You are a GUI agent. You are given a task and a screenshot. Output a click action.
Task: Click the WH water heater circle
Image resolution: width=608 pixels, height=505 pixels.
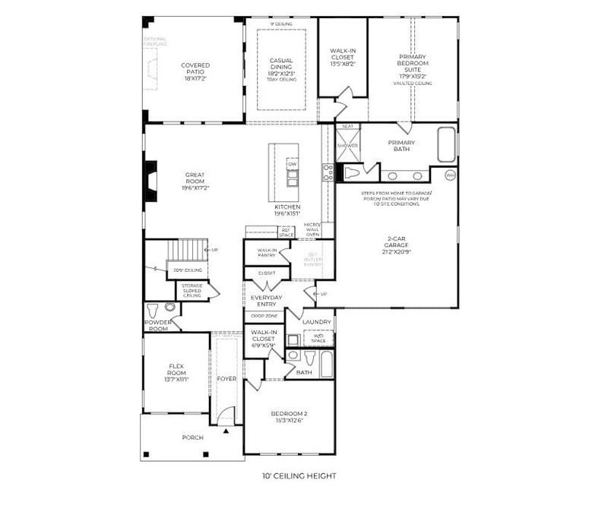pos(450,175)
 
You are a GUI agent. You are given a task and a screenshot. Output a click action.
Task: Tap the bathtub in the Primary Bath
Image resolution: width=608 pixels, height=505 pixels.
pos(446,144)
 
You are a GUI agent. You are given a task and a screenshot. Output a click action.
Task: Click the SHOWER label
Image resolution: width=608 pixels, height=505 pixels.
pos(347,145)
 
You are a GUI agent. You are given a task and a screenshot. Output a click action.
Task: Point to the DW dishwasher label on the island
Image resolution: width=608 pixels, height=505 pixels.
pos(292,164)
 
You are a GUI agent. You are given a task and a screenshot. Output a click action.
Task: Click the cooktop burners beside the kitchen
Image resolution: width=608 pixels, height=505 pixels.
pos(328,172)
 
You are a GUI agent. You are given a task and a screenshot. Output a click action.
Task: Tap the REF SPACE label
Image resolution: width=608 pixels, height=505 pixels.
pos(287,232)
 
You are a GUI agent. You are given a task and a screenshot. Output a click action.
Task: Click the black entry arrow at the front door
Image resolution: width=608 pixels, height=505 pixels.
pos(226,431)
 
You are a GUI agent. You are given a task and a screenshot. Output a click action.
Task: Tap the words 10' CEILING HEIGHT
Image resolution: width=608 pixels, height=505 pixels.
pos(299,476)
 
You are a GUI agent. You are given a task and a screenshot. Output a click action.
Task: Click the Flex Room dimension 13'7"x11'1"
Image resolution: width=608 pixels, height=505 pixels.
pos(176,379)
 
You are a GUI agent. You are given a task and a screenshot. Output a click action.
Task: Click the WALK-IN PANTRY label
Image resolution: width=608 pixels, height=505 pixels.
pos(266,253)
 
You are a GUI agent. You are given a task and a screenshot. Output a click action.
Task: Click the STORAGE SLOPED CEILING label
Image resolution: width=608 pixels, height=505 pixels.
pos(192,290)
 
